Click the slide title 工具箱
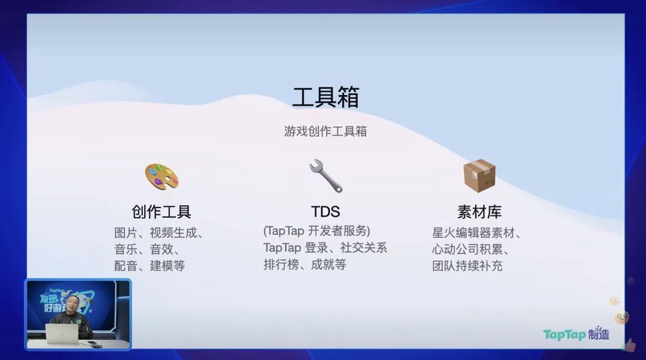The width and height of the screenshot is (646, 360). [325, 97]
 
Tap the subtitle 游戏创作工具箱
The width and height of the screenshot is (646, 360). [325, 132]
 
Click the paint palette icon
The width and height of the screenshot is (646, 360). [161, 176]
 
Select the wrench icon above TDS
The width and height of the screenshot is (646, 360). [325, 176]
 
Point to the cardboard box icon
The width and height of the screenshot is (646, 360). [479, 176]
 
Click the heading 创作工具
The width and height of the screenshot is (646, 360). [161, 212]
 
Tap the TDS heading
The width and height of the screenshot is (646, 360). [325, 212]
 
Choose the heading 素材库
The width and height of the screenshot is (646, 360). [480, 212]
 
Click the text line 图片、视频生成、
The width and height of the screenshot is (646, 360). [159, 233]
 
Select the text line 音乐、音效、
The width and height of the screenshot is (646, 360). [147, 249]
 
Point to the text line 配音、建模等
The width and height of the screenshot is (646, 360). [150, 266]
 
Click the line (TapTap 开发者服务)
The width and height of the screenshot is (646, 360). [317, 231]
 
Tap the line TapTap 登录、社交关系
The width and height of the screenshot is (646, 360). [325, 248]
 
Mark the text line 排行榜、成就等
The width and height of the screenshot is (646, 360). [305, 264]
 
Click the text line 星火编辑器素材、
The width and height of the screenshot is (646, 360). [477, 233]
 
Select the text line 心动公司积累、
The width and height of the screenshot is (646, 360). [471, 249]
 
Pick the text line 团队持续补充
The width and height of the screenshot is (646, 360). [467, 266]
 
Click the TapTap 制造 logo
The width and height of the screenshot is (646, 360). [576, 334]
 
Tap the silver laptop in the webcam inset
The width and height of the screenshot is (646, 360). [62, 334]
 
